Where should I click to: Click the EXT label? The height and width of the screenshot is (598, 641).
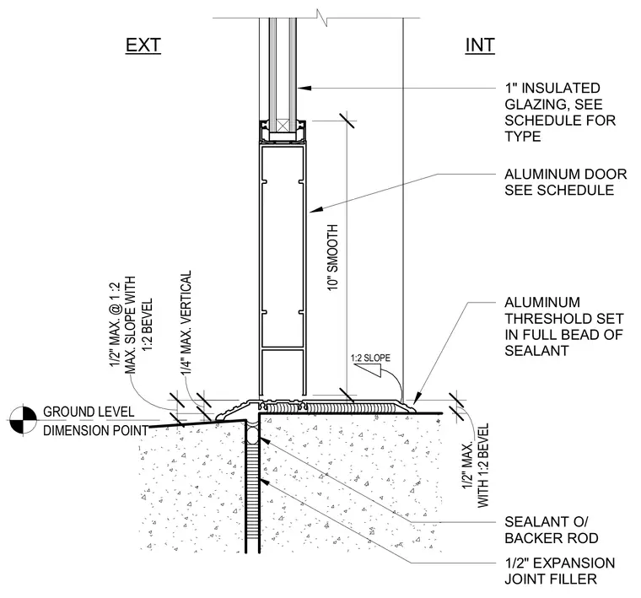[143, 46]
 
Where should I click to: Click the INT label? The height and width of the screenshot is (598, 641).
[480, 46]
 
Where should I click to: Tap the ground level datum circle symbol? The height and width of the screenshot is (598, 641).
[24, 420]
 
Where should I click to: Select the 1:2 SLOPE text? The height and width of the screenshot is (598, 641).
[370, 358]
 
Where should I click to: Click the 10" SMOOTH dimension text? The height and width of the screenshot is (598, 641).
[333, 257]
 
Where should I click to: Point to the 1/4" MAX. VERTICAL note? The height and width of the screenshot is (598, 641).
[186, 322]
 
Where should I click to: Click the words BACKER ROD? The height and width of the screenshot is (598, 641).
[552, 538]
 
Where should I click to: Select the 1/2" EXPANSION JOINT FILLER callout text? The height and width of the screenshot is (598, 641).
[560, 571]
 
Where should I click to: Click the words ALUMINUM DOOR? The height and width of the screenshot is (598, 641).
[566, 174]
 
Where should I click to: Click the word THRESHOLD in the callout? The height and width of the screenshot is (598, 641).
[563, 319]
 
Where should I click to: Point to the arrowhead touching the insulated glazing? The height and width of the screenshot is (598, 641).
[304, 88]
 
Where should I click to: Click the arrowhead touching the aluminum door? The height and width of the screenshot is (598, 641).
[316, 210]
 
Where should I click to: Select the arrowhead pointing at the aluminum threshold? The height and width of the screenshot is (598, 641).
[417, 399]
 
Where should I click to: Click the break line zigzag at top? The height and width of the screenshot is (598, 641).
[322, 19]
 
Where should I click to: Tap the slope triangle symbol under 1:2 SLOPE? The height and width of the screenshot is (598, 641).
[368, 370]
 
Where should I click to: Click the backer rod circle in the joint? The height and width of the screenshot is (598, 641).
[252, 434]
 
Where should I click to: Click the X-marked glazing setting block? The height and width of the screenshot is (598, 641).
[283, 125]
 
